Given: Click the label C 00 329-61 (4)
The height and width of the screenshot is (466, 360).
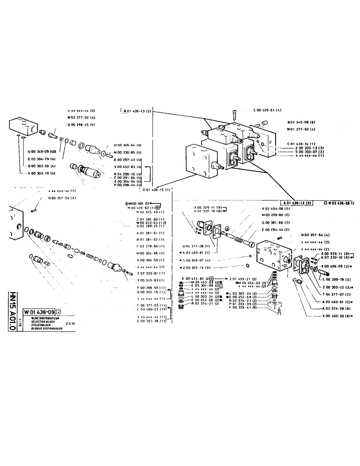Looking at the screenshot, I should [267, 110].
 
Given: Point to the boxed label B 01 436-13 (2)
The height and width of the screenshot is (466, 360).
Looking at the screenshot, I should [137, 111].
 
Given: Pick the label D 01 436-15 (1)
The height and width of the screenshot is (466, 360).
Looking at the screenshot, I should [156, 190].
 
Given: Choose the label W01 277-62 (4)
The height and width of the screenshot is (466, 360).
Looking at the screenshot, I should [301, 129].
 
